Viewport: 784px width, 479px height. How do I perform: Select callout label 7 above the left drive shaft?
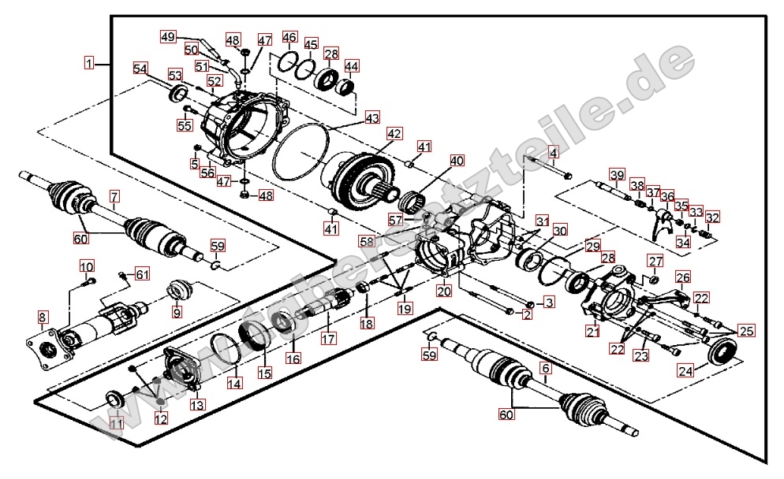click(x=114, y=195)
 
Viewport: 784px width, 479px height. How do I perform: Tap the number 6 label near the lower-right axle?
click(x=544, y=367)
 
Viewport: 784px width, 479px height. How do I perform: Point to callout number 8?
click(x=42, y=317)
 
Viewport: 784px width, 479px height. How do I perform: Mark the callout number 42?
click(x=394, y=133)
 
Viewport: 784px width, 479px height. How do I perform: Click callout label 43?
click(x=372, y=118)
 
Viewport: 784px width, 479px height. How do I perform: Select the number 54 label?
click(x=140, y=69)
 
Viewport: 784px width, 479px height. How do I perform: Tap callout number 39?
click(x=617, y=174)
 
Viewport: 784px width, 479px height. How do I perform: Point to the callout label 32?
click(x=712, y=217)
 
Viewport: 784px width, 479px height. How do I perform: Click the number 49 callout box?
click(x=168, y=36)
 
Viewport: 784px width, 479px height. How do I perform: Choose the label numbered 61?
click(x=142, y=274)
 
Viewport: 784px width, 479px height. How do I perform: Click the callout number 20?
click(x=444, y=291)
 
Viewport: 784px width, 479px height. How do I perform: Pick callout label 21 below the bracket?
click(x=592, y=332)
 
